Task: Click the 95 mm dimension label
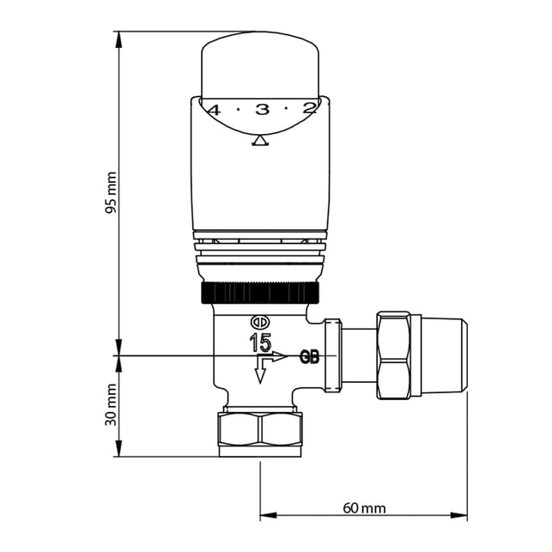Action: point(112,193)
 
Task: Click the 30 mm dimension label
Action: point(112,404)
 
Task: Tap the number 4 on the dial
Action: point(215,111)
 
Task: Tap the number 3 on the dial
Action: point(262,110)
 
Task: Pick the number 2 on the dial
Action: point(309,109)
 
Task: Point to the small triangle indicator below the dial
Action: point(260,141)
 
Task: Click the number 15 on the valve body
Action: point(260,343)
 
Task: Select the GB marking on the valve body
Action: point(309,357)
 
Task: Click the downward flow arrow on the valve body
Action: point(260,372)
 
